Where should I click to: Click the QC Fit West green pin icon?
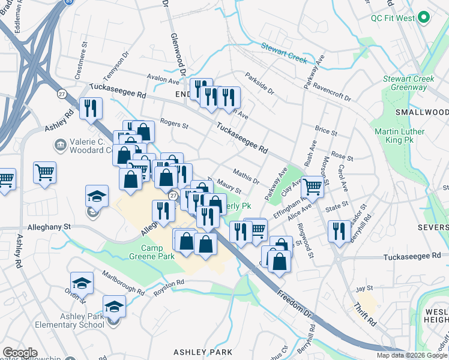coord(424,18)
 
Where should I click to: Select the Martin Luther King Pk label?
coord(399,136)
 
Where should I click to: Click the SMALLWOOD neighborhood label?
coord(421,112)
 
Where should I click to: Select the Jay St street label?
coord(361,289)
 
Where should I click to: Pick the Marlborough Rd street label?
coord(123,285)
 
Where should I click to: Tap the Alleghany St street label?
coord(49,227)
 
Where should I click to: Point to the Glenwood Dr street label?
coord(178,49)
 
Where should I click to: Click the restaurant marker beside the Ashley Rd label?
coord(90,109)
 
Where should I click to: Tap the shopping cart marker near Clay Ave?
coord(312,187)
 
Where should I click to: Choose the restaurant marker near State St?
coord(340,231)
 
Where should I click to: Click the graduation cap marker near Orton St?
coord(82,283)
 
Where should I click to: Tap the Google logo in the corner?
coord(20,353)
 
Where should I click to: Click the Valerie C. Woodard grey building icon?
coord(60,145)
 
